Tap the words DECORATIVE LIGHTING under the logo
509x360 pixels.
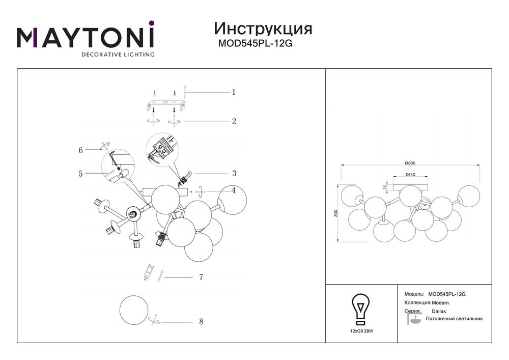[x=118, y=54]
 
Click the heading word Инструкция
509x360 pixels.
[x=263, y=29]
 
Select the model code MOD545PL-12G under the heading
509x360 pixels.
[x=255, y=43]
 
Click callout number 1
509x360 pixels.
[x=234, y=93]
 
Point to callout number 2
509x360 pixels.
[x=234, y=121]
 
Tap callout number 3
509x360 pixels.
[x=234, y=173]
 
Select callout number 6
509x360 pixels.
[x=80, y=150]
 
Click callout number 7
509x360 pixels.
[x=201, y=277]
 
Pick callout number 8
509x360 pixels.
[x=201, y=321]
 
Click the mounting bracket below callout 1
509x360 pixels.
[x=165, y=105]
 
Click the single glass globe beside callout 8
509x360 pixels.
[x=134, y=310]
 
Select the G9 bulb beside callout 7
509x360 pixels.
[x=148, y=272]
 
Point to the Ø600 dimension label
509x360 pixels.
[x=410, y=163]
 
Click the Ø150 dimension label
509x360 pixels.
[x=410, y=175]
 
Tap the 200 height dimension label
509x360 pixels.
[x=336, y=213]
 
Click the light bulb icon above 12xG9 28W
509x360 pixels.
[x=361, y=310]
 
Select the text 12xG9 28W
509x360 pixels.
[x=361, y=331]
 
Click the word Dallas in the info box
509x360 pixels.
[x=439, y=311]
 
